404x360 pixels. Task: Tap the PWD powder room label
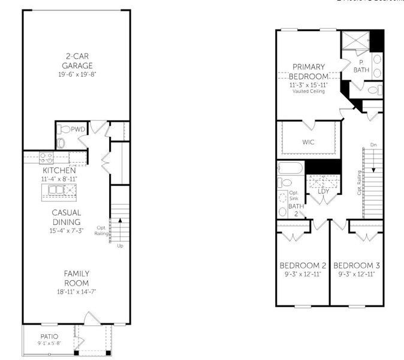[x=78, y=129]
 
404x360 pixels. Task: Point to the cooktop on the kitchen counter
[x=44, y=158]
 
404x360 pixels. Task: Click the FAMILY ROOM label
[x=77, y=278]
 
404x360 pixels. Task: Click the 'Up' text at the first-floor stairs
[x=120, y=245]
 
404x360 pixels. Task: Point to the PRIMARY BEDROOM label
[x=309, y=71]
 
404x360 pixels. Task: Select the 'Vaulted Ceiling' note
[x=309, y=91]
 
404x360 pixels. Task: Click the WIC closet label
[x=309, y=142]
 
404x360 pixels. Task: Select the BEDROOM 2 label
[x=303, y=266]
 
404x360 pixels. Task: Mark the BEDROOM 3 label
[x=357, y=266]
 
